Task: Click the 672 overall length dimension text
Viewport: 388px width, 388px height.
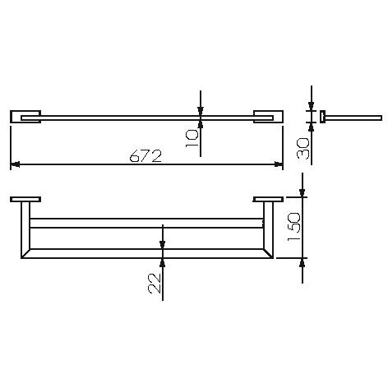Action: [145, 156]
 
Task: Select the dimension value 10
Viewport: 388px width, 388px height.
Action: [192, 138]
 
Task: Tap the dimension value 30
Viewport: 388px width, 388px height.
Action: [303, 148]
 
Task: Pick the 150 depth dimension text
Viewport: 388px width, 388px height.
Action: [294, 227]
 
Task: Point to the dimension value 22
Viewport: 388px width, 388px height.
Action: [155, 284]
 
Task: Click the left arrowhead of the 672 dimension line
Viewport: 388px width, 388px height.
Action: [15, 164]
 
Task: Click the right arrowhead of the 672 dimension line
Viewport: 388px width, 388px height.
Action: [279, 164]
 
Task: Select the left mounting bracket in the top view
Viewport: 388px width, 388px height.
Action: [25, 117]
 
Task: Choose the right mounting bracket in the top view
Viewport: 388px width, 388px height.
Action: [268, 117]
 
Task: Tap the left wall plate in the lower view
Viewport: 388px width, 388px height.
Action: [25, 199]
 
